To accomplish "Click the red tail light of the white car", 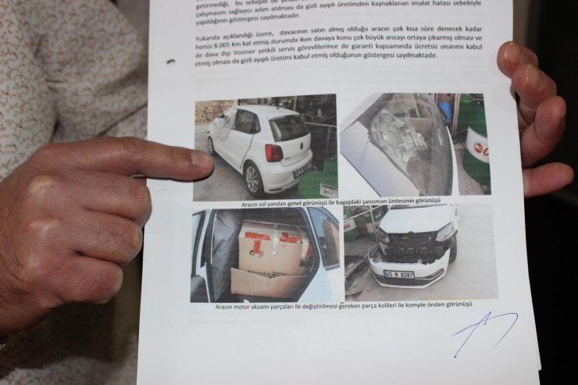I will click(x=273, y=153).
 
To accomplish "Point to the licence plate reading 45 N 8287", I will click(x=398, y=274).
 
